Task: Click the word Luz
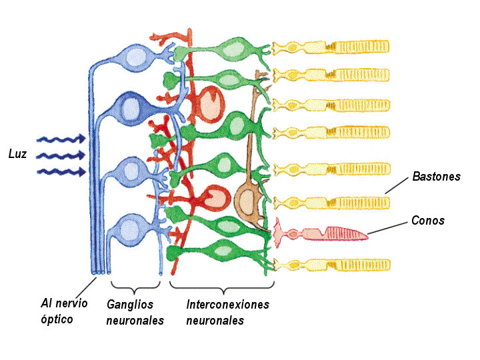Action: coord(17,154)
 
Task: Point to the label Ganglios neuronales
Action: coord(135,312)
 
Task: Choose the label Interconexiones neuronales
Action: coord(227,312)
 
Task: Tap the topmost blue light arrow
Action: coord(60,139)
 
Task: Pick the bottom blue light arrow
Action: coord(60,172)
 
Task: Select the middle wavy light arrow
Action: coord(60,156)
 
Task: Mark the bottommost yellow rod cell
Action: coord(331,265)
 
